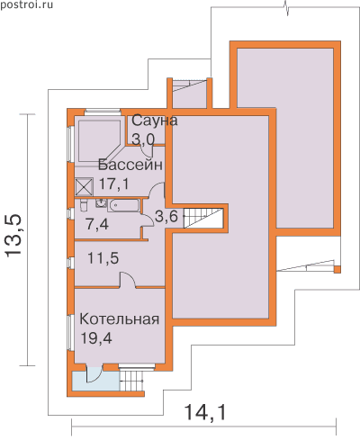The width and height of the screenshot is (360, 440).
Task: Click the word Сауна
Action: [155, 121]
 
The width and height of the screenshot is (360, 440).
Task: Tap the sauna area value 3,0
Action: [143, 139]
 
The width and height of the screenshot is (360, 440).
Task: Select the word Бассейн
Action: [130, 165]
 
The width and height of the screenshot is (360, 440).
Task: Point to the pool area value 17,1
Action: [113, 184]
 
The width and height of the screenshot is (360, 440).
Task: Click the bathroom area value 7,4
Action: [97, 224]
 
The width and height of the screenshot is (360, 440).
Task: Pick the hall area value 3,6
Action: [166, 216]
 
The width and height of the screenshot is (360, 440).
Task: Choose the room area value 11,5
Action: [103, 258]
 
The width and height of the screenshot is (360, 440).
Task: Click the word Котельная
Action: [119, 319]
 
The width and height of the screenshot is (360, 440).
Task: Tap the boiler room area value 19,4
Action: [96, 338]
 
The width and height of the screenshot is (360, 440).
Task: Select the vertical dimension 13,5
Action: [13, 235]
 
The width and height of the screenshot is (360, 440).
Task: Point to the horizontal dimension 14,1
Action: [205, 412]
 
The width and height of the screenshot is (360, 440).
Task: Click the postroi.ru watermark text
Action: [26, 4]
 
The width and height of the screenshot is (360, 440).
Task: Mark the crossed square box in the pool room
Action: [84, 187]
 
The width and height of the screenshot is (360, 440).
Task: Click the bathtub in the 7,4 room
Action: [124, 205]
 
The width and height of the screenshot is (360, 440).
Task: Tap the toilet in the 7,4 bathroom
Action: [84, 205]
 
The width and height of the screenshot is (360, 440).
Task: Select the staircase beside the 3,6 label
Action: [203, 218]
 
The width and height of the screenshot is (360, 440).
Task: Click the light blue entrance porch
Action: [96, 381]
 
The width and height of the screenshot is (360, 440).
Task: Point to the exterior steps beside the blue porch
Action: [131, 381]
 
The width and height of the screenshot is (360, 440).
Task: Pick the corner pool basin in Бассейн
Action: [99, 140]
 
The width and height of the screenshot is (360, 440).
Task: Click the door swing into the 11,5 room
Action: [128, 280]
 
